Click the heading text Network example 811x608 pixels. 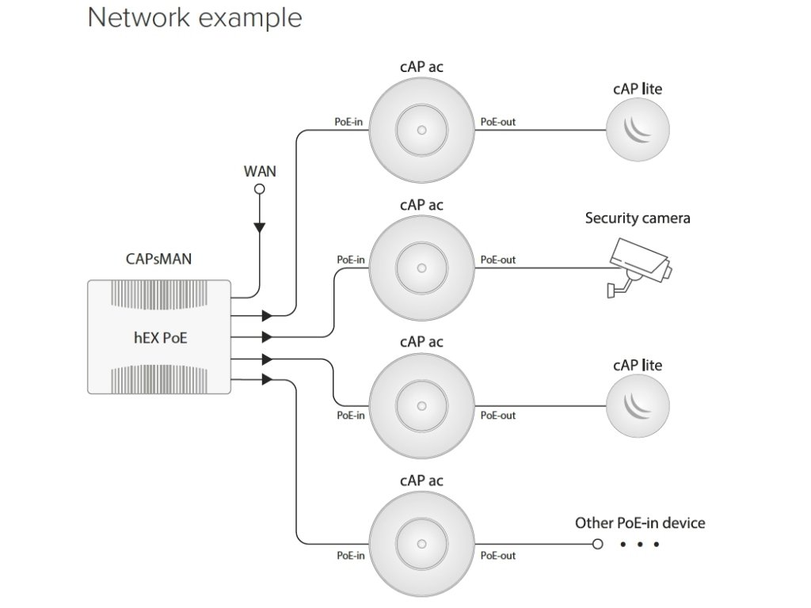click(195, 17)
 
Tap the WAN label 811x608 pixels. click(258, 170)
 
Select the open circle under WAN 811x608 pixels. click(258, 188)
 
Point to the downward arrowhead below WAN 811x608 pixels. click(258, 228)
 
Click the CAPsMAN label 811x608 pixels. click(159, 259)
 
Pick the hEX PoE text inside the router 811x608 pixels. click(159, 339)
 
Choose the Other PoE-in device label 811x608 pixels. click(640, 522)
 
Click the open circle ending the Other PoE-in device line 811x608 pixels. click(598, 545)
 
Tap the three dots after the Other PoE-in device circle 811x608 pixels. click(640, 545)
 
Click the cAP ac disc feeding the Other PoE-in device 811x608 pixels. click(422, 544)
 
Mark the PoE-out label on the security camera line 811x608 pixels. click(497, 259)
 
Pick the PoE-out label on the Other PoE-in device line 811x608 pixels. click(497, 556)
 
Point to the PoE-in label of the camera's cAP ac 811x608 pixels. click(350, 259)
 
